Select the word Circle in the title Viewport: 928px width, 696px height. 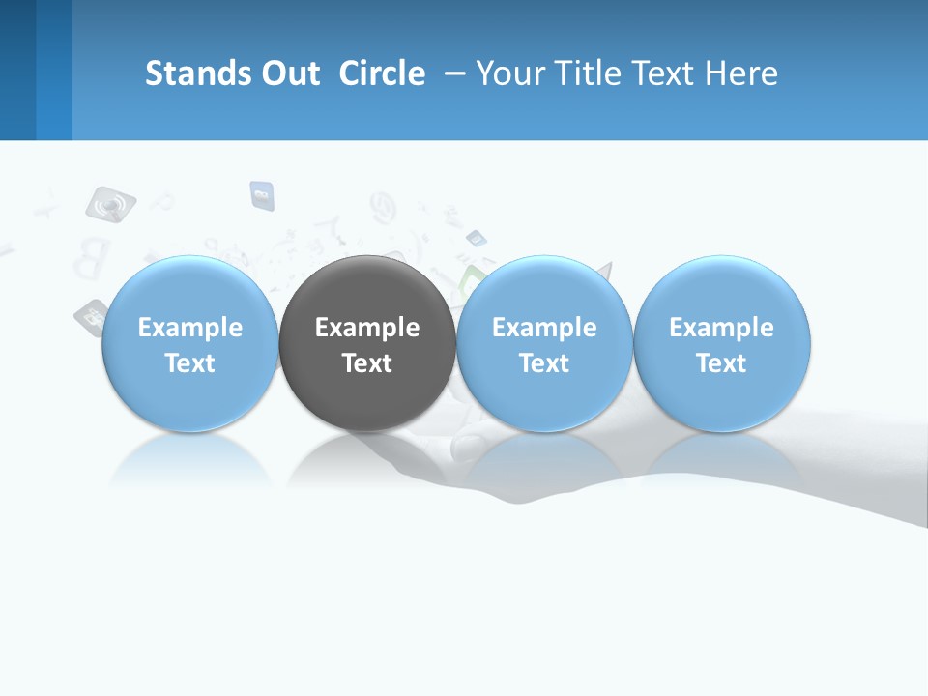(x=382, y=73)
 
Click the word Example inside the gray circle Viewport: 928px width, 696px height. (x=367, y=328)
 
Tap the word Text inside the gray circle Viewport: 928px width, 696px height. (x=367, y=363)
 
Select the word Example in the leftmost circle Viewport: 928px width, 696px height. (x=189, y=328)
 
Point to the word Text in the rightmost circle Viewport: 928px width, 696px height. (x=722, y=363)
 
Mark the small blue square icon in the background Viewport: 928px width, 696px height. (x=262, y=195)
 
